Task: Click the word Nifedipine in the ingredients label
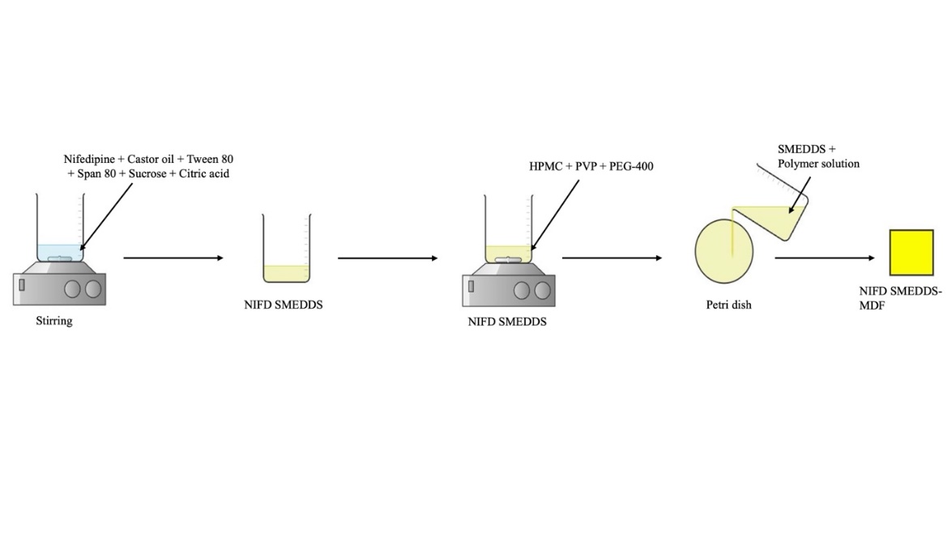pos(89,160)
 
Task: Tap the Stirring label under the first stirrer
pos(53,321)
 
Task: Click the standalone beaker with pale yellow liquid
pos(286,251)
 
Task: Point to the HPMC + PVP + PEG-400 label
pos(591,167)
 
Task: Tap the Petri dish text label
pos(728,305)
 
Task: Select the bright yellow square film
pos(911,253)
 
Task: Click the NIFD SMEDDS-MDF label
pos(900,298)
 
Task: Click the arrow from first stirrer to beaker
pos(173,258)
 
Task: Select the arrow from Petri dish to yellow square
pos(825,258)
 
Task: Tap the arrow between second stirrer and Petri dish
pos(612,258)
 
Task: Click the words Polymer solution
pos(818,164)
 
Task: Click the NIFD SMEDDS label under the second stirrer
pos(507,322)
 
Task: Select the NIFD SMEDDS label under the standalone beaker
pos(284,305)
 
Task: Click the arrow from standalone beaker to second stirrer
pos(387,258)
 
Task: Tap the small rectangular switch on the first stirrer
pos(22,284)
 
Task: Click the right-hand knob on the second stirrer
pos(543,289)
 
